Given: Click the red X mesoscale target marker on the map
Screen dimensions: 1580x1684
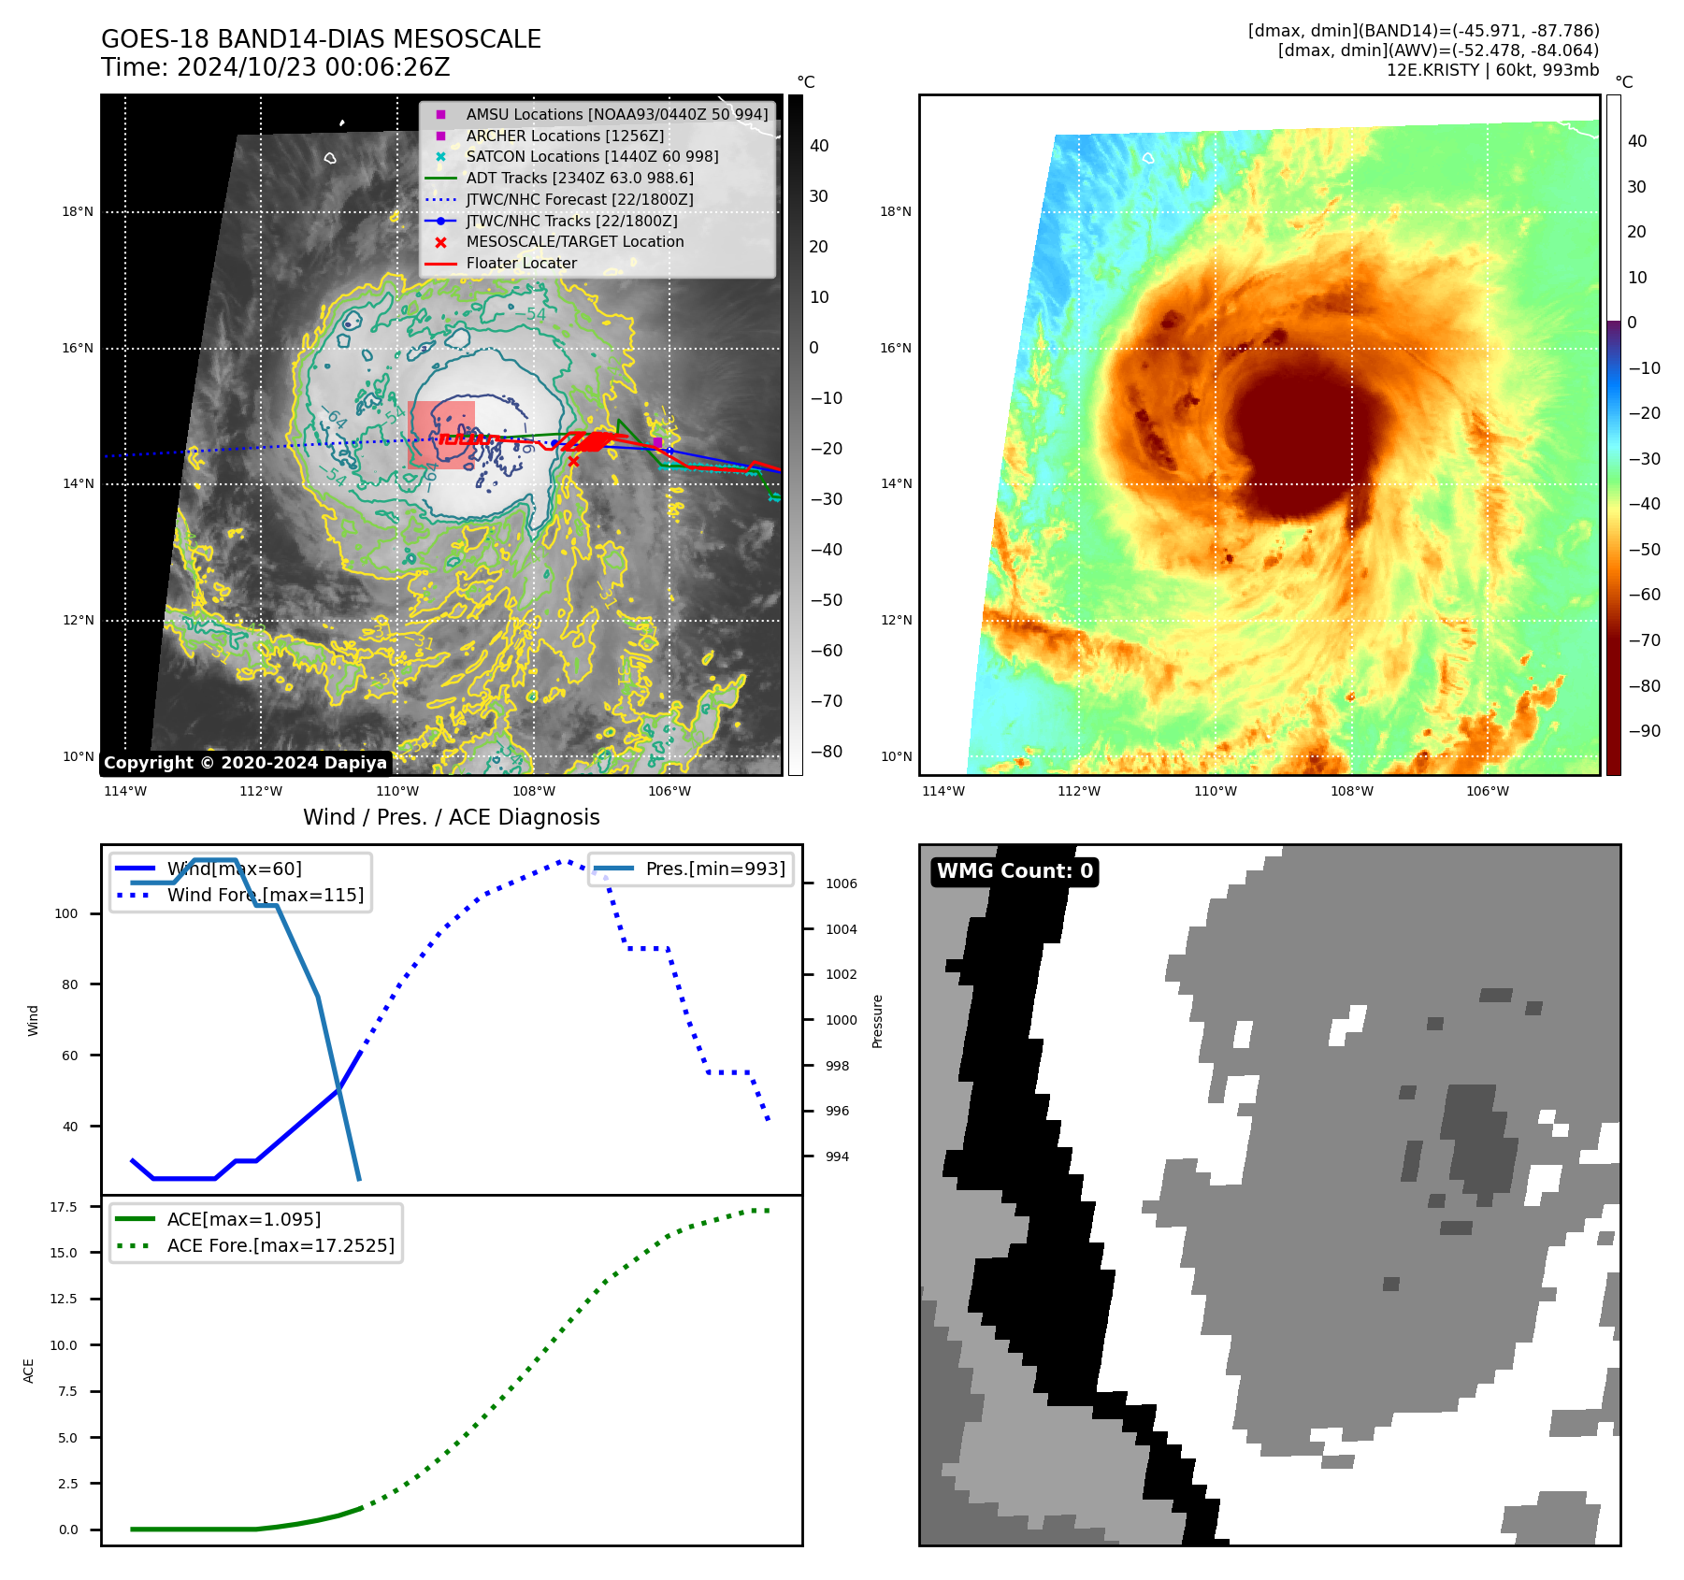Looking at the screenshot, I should [x=573, y=461].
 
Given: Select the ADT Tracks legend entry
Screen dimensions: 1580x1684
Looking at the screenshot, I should [x=579, y=178].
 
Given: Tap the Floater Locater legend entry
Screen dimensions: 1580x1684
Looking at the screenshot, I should [x=521, y=263].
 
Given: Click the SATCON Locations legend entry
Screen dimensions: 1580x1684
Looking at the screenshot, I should [x=592, y=156].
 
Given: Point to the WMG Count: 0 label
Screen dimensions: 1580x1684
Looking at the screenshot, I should [x=1015, y=871].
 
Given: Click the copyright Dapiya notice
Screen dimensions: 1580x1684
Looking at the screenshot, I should [x=245, y=763].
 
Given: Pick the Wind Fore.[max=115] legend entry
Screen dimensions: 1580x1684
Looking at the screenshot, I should [x=265, y=895].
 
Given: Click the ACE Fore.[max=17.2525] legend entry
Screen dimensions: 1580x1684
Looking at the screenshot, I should [x=281, y=1245].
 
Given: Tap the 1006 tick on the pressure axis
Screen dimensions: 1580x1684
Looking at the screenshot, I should [x=841, y=883].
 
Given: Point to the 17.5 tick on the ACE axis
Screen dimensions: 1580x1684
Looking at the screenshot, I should [x=64, y=1207].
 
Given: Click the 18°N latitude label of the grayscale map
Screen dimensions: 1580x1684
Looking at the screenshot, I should [x=78, y=212].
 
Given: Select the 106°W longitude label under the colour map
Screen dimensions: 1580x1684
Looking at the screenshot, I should [x=1487, y=791].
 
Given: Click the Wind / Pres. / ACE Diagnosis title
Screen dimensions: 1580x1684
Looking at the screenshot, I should [x=451, y=817].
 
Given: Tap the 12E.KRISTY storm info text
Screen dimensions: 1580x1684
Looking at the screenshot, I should [x=1492, y=70].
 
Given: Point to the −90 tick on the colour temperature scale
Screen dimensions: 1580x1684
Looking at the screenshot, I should [x=1644, y=731].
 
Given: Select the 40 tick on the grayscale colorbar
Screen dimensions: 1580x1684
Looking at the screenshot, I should [x=819, y=146].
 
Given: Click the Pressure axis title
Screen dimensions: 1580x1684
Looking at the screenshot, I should [x=877, y=1021].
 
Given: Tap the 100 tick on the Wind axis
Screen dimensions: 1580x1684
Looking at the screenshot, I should [x=66, y=913].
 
